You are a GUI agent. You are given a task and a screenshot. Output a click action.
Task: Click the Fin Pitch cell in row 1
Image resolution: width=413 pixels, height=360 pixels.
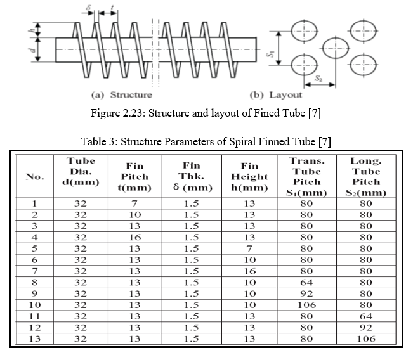pos(134,203)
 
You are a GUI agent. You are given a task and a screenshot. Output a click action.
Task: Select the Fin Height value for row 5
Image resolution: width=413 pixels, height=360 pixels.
pos(249,248)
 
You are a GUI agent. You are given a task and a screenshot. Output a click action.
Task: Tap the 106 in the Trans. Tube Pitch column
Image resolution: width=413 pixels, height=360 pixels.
pos(306,305)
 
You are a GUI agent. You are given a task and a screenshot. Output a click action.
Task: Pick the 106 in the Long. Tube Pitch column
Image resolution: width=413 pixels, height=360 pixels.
pos(366,338)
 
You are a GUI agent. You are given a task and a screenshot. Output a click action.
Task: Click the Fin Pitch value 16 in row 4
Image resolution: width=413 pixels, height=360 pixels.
pos(134,237)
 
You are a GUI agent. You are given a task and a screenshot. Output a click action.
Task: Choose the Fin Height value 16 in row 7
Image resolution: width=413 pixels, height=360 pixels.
pos(249,271)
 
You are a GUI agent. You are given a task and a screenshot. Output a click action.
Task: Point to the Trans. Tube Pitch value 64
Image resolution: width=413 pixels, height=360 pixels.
pos(306,283)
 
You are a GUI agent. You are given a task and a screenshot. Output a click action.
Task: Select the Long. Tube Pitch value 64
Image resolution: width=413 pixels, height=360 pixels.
pos(366,316)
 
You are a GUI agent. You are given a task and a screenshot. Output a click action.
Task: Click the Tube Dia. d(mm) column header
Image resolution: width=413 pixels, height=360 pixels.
pos(81,171)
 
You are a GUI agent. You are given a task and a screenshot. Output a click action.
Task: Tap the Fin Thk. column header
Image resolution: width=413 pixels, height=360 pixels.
pos(192,176)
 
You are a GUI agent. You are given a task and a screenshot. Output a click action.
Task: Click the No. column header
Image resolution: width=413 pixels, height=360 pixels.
pos(35,177)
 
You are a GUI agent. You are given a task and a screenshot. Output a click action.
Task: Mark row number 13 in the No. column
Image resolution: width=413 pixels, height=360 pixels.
pos(35,338)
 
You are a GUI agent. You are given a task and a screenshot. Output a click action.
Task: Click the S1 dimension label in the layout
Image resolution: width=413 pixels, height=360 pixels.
pos(270,54)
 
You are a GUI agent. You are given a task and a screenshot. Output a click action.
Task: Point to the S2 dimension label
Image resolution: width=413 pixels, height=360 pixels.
pos(318,78)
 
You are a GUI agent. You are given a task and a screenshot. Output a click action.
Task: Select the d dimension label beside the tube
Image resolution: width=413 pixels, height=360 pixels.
pos(32,49)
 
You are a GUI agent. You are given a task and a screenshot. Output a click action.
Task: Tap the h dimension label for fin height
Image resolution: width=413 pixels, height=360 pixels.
pos(32,30)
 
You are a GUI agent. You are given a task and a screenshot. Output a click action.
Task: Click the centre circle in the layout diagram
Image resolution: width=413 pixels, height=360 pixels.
pos(336,48)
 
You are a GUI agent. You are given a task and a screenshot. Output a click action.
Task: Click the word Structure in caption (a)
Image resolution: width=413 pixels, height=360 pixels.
pos(131,94)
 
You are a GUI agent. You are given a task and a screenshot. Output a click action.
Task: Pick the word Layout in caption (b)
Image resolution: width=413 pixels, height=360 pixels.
pos(285,95)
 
